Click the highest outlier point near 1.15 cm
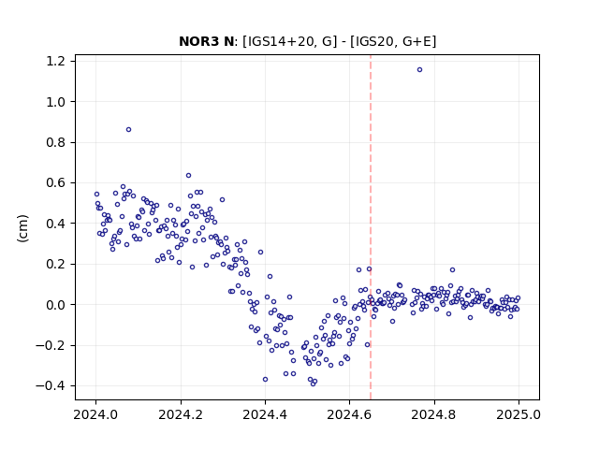(x=419, y=70)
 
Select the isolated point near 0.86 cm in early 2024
(x=129, y=129)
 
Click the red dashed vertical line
(x=371, y=227)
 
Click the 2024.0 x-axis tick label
(x=95, y=414)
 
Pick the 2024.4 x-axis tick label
(x=265, y=414)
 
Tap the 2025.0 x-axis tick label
(x=519, y=414)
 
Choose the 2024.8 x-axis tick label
(x=434, y=414)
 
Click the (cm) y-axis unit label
(x=22, y=228)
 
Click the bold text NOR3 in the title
(x=195, y=41)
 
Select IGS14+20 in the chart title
(x=282, y=41)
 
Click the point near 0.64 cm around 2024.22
(x=188, y=176)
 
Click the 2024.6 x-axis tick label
(x=349, y=414)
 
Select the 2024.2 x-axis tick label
(x=181, y=414)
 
